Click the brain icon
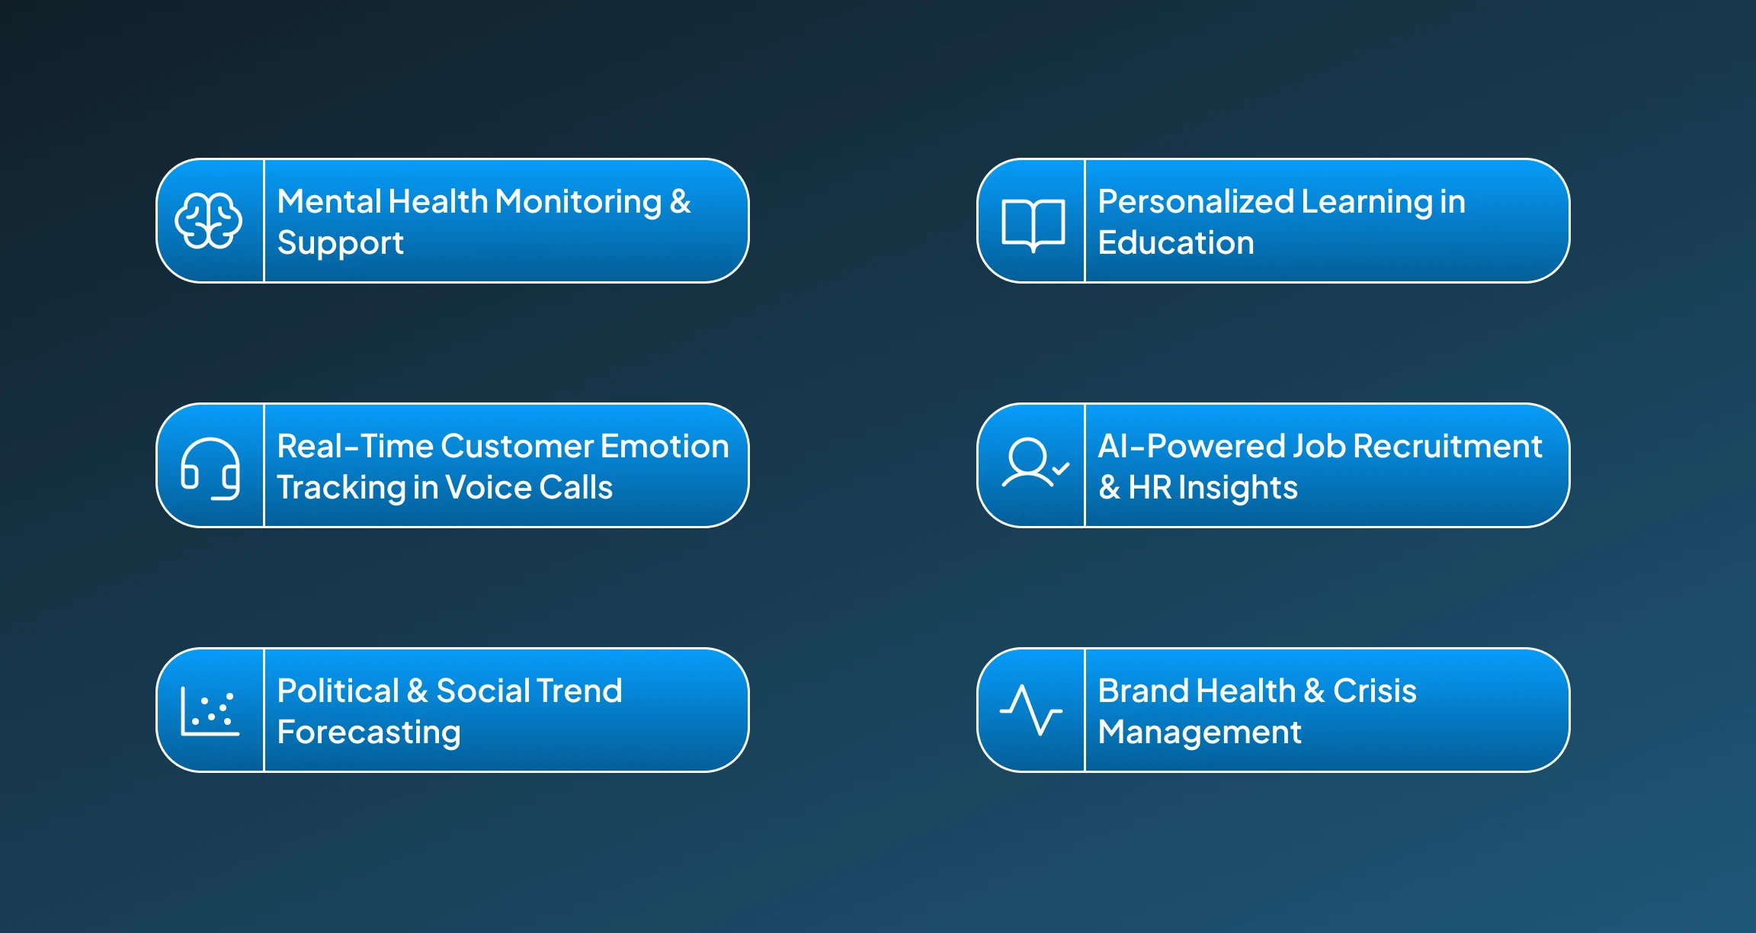pyautogui.click(x=209, y=221)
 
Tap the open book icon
pyautogui.click(x=1033, y=224)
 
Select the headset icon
pyautogui.click(x=210, y=468)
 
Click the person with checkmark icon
pyautogui.click(x=1034, y=463)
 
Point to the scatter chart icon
pyautogui.click(x=210, y=711)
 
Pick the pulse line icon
pyautogui.click(x=1031, y=710)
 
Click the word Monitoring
pyautogui.click(x=578, y=203)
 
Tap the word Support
pyautogui.click(x=340, y=244)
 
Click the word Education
pyautogui.click(x=1175, y=244)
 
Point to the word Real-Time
pyautogui.click(x=354, y=447)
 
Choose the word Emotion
pyautogui.click(x=665, y=447)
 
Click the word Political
pyautogui.click(x=338, y=691)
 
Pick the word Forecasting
pyautogui.click(x=369, y=733)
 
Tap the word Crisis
pyautogui.click(x=1374, y=691)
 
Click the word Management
pyautogui.click(x=1200, y=733)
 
